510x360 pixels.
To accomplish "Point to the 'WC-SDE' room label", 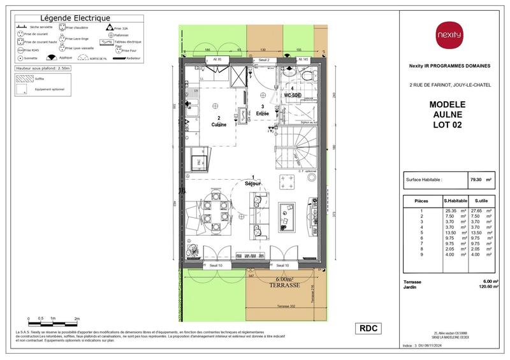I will coord(292,95).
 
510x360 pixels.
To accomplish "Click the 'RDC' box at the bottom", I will coord(369,328).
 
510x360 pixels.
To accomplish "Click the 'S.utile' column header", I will coord(481,201).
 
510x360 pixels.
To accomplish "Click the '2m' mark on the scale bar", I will coord(76,317).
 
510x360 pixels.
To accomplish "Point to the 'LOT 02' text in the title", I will coord(447,125).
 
